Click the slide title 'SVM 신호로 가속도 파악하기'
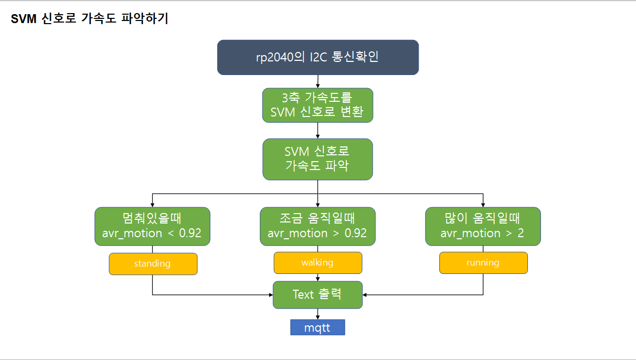pos(90,19)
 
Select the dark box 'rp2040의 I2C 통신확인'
pos(317,57)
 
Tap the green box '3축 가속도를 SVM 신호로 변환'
pos(317,105)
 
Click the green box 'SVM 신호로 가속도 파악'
pos(317,159)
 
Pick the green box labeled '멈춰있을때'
pos(152,226)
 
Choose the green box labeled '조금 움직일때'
pos(317,226)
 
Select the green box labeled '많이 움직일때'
pos(483,226)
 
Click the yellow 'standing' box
pos(153,263)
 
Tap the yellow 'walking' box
pos(317,263)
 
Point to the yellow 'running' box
pos(483,263)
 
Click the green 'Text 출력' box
pos(317,294)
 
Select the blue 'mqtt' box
pos(317,327)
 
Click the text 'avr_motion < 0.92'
pos(152,234)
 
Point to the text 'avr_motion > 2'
pos(482,234)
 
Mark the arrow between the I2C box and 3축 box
pos(318,81)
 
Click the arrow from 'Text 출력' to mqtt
pos(318,314)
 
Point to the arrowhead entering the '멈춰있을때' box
pos(152,205)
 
